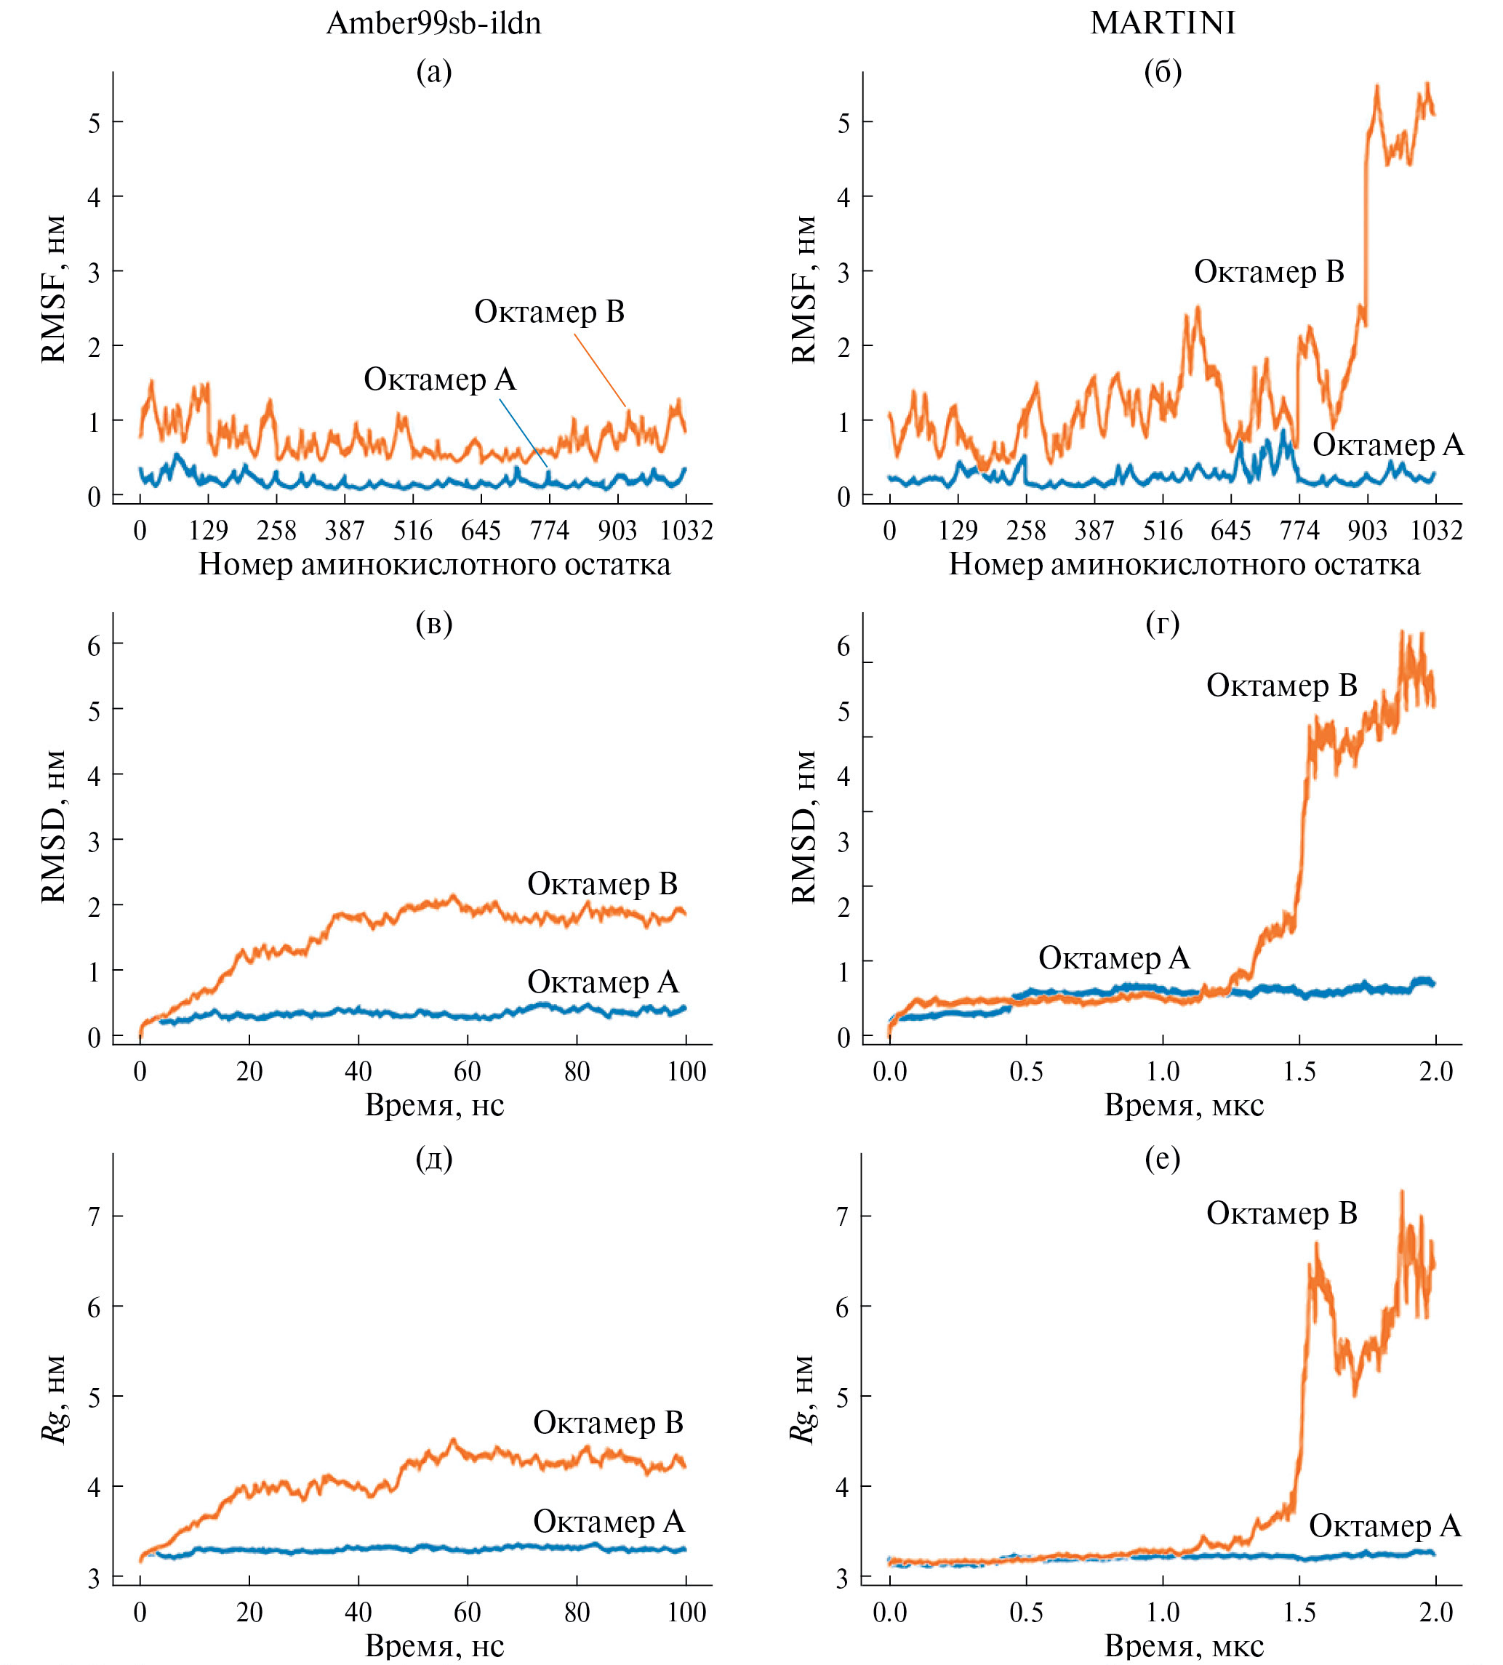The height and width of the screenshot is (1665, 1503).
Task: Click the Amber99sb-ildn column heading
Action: pos(433,23)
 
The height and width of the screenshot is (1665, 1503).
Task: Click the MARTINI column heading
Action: pos(1163,23)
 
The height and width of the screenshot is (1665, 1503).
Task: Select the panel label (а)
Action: pos(434,73)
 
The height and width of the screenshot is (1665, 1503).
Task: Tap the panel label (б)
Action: pos(1163,73)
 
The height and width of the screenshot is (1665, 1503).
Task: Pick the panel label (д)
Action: pos(434,1160)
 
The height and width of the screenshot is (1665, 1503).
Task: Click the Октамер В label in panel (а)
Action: pos(549,312)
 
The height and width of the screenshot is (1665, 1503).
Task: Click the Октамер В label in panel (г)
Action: pos(1282,686)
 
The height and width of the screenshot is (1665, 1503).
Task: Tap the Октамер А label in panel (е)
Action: pos(1385,1526)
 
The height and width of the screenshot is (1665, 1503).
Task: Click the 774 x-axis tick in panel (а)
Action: pos(549,530)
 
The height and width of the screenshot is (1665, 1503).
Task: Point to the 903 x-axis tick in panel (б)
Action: pos(1368,530)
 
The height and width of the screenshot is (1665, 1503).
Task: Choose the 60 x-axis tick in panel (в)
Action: pos(468,1072)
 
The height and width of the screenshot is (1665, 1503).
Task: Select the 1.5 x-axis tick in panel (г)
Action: pos(1299,1072)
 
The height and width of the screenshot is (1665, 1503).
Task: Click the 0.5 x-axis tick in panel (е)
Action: pos(1026,1611)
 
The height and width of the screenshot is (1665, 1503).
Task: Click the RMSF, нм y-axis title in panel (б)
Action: pos(803,289)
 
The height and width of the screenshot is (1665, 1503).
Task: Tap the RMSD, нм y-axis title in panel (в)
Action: pos(54,827)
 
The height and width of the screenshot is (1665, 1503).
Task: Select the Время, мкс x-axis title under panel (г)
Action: pos(1185,1105)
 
